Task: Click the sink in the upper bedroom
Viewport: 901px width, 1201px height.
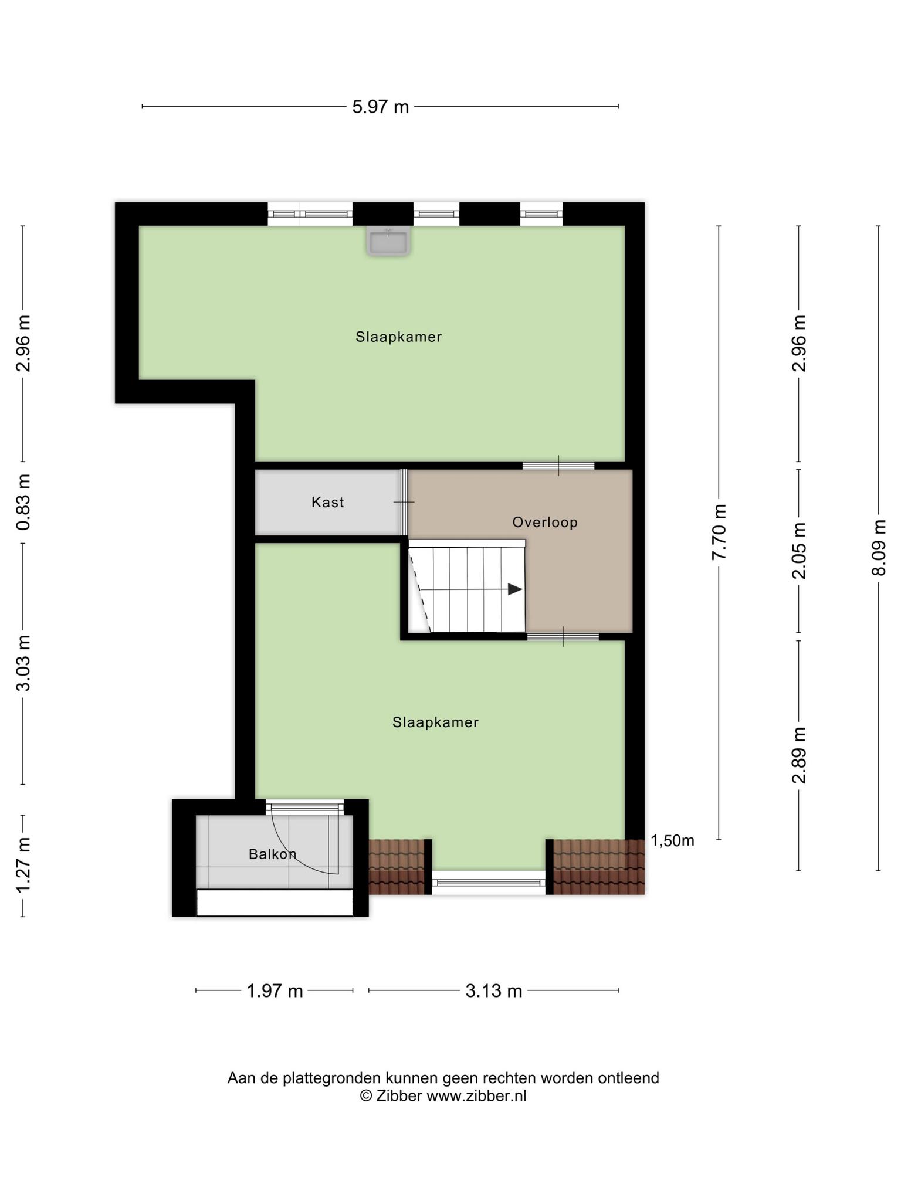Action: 388,241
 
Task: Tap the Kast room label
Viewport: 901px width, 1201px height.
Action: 327,502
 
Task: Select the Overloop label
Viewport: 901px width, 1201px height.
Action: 545,522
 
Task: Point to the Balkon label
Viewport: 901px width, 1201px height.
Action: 272,854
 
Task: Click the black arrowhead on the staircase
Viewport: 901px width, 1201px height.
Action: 515,589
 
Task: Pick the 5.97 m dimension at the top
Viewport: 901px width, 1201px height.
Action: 380,107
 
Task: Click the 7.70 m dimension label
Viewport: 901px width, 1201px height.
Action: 719,532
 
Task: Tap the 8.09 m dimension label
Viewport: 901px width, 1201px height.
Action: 879,548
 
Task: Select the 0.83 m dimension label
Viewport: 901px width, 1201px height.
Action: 23,502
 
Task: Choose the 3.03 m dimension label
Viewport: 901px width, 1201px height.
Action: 23,663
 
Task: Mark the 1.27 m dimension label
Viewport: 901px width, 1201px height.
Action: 23,866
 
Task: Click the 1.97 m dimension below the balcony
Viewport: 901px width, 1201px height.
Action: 275,990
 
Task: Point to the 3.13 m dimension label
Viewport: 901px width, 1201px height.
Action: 494,990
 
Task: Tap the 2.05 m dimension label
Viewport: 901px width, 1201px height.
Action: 799,551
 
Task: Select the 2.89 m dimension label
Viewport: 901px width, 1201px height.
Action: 799,755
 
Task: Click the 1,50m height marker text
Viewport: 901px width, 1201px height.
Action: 673,840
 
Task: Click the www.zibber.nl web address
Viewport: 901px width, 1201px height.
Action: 476,1095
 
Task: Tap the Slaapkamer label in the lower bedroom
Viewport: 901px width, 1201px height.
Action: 435,722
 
